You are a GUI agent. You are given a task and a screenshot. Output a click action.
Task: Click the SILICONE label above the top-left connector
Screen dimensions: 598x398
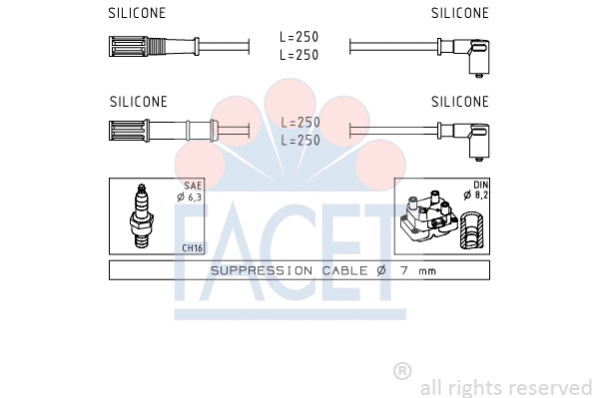[137, 13]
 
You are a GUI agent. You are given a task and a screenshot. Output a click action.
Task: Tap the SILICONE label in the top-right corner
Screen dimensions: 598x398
[460, 13]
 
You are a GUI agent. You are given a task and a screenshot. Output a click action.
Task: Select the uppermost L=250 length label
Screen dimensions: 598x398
[299, 37]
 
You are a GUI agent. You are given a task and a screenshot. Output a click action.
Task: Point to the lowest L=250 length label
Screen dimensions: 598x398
[300, 140]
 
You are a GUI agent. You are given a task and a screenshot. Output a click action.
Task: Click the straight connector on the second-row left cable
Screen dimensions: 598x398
[164, 131]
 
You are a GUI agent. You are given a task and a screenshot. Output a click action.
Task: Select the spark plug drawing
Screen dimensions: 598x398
[141, 215]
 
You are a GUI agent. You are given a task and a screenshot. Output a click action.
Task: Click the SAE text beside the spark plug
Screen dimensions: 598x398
[193, 186]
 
